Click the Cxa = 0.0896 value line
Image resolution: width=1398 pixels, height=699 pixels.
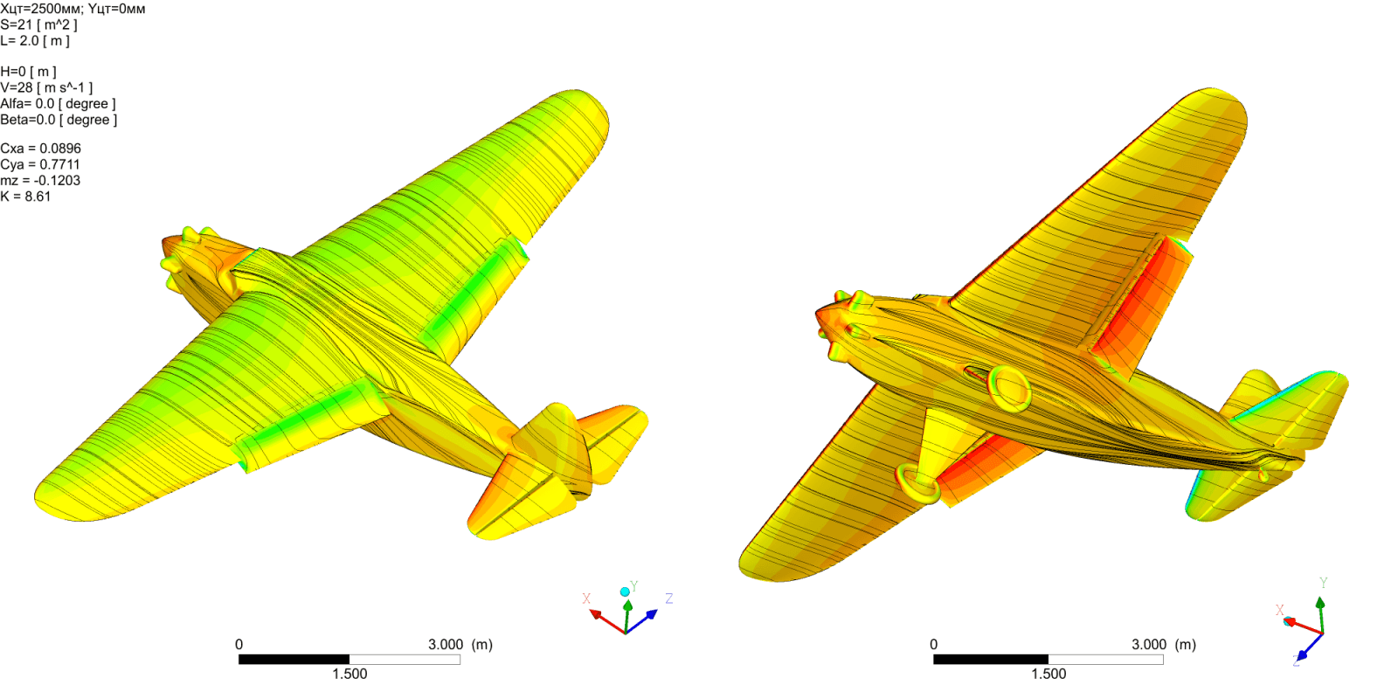point(40,149)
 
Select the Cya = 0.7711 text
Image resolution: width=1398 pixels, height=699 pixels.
point(40,164)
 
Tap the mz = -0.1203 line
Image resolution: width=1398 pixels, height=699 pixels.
point(40,181)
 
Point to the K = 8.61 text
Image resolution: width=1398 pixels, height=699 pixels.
point(26,197)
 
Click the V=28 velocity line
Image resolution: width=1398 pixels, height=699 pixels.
point(45,87)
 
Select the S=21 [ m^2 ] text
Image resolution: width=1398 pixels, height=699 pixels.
point(38,24)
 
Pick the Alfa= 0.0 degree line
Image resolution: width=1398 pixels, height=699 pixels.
point(58,104)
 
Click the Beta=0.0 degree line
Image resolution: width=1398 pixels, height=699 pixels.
point(59,120)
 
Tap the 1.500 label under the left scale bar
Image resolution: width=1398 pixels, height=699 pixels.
point(349,674)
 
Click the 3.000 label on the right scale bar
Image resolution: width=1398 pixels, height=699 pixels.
point(1149,645)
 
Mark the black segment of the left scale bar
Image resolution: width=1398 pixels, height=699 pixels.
point(294,660)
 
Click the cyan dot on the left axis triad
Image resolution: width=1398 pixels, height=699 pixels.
point(625,592)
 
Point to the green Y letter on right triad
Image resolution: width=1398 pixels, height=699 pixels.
point(1323,583)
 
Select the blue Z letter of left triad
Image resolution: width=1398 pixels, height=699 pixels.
point(668,599)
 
